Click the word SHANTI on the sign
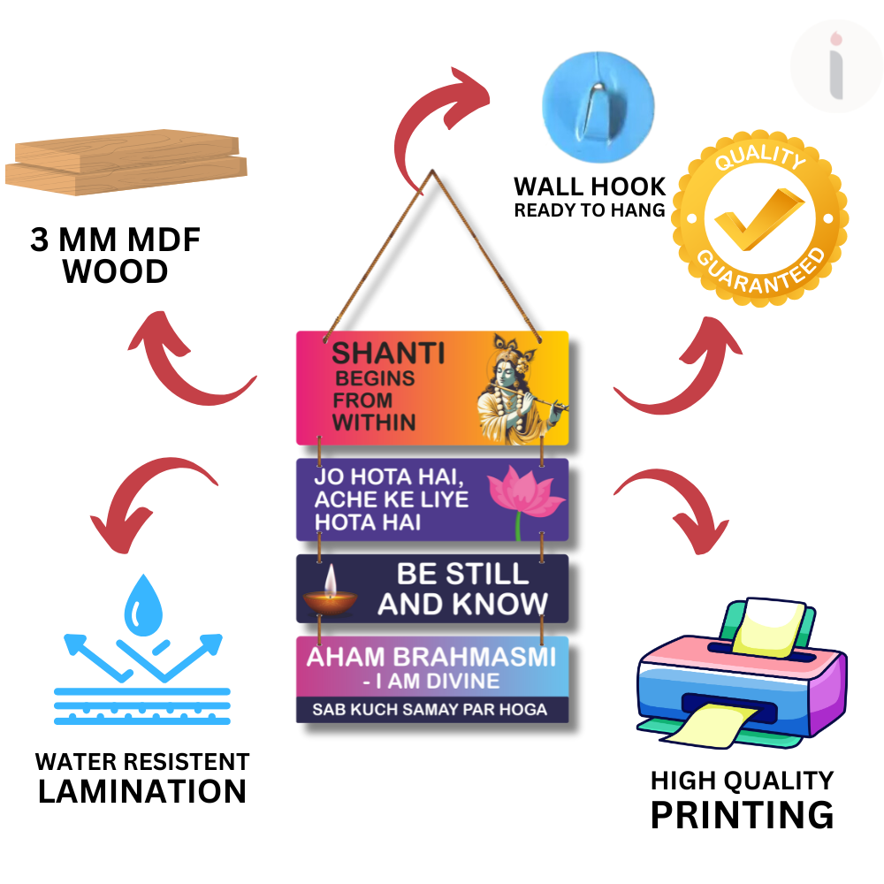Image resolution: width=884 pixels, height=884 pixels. point(388,354)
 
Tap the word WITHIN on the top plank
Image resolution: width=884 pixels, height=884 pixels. point(374,422)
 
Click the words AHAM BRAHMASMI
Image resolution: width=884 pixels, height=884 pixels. point(431,658)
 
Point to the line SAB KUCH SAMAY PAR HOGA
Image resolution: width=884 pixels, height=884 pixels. point(430,709)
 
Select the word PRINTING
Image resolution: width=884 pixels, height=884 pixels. point(742,814)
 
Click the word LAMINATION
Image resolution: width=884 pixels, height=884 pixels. point(142,791)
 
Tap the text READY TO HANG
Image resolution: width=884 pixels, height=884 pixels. point(590,210)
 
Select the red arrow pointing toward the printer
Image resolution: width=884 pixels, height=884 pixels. point(670,508)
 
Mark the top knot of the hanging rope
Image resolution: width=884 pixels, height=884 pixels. point(433,171)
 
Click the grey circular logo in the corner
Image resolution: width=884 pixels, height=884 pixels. point(835,67)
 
